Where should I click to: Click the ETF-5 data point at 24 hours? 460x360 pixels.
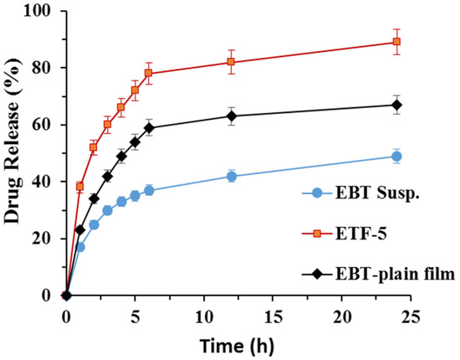point(396,42)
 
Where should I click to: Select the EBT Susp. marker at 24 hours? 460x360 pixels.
point(396,156)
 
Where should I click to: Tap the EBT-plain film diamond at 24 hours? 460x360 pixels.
point(396,105)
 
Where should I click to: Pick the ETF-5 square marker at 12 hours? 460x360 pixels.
point(232,62)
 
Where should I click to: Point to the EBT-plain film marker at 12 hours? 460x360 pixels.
point(232,116)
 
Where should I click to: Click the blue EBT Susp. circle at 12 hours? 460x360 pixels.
point(232,176)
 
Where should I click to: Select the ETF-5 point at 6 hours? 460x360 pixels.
point(149,74)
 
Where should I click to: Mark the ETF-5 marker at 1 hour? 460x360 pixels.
point(80,187)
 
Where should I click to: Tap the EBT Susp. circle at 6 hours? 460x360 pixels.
point(149,190)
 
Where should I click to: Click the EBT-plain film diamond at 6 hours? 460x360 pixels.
point(149,127)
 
